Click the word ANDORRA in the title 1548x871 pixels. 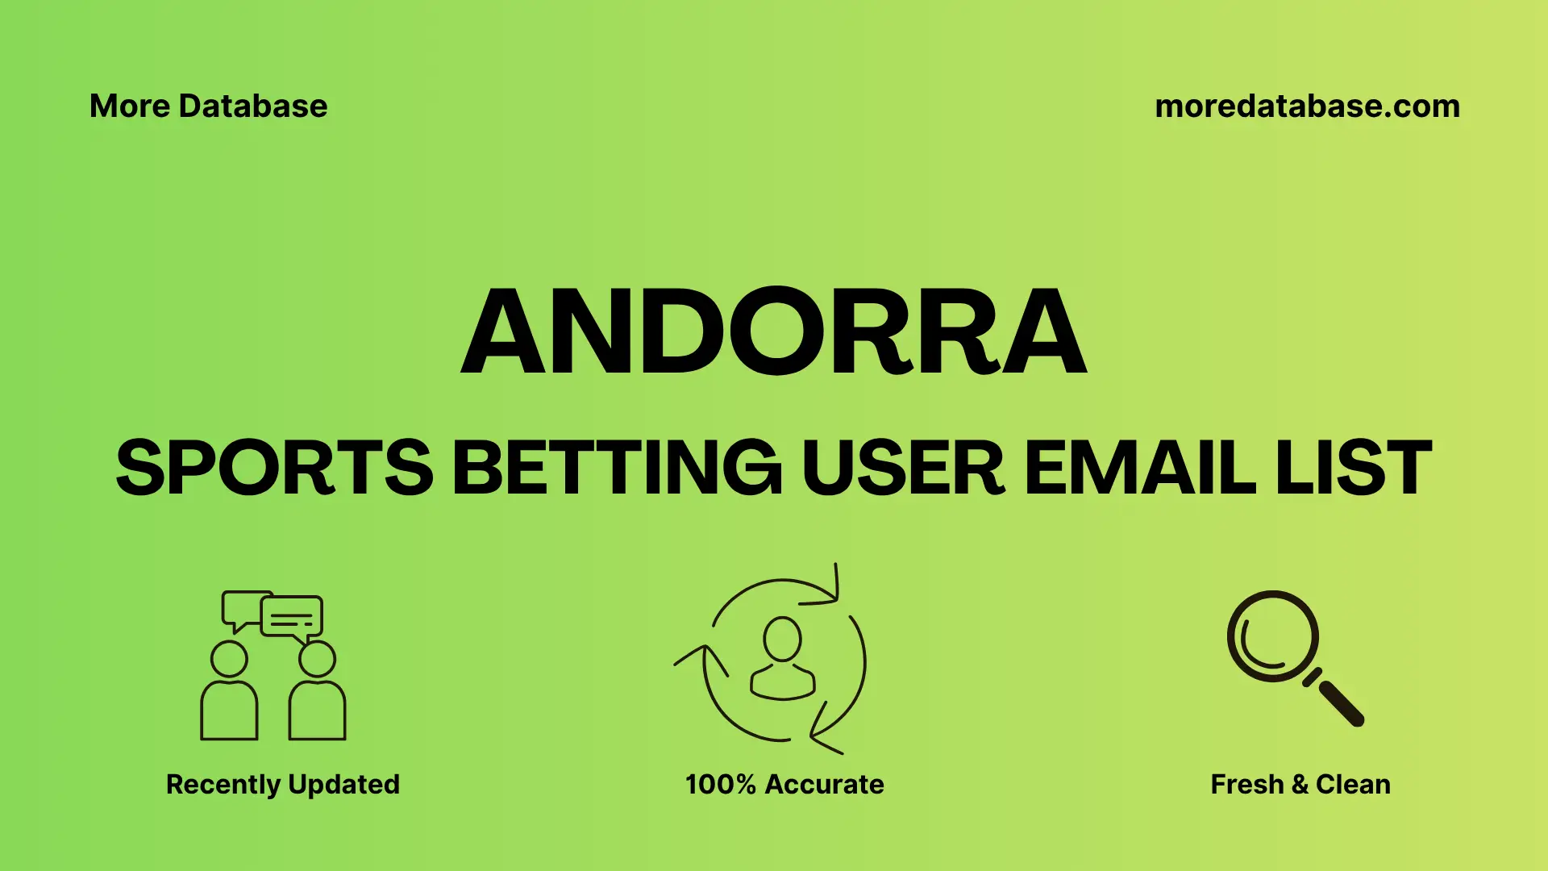pos(774,331)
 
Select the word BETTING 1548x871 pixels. pos(617,468)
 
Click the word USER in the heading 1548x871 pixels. pos(902,468)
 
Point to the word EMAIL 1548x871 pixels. pos(1139,468)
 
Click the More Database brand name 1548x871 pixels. pos(208,106)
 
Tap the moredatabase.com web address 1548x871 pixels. pos(1307,106)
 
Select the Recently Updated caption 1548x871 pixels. pos(282,784)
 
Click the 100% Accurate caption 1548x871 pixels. pos(784,784)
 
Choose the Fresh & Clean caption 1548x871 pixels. pos(1300,784)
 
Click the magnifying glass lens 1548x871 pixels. pos(1272,636)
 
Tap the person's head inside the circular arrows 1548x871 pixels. pos(782,639)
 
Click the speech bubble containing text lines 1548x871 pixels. pos(292,617)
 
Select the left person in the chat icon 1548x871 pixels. pos(229,694)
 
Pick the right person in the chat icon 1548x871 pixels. pos(317,694)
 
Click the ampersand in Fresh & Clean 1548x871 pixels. pos(1300,784)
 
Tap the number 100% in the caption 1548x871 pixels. pos(720,784)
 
